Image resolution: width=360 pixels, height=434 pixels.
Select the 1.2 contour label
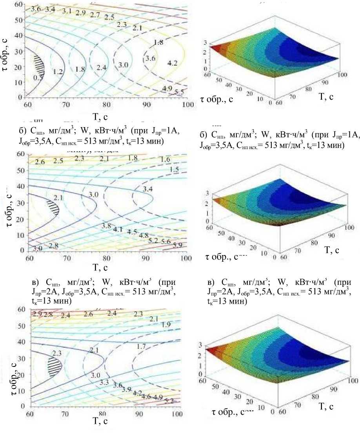[58, 72]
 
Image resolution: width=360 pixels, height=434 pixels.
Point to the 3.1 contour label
[67, 11]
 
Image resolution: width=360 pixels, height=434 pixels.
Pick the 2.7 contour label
[95, 15]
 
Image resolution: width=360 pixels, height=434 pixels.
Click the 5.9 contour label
[178, 245]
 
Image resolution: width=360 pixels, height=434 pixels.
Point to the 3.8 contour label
[106, 226]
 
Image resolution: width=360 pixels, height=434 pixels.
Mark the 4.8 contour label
[144, 235]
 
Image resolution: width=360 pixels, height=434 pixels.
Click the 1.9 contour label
[166, 325]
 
